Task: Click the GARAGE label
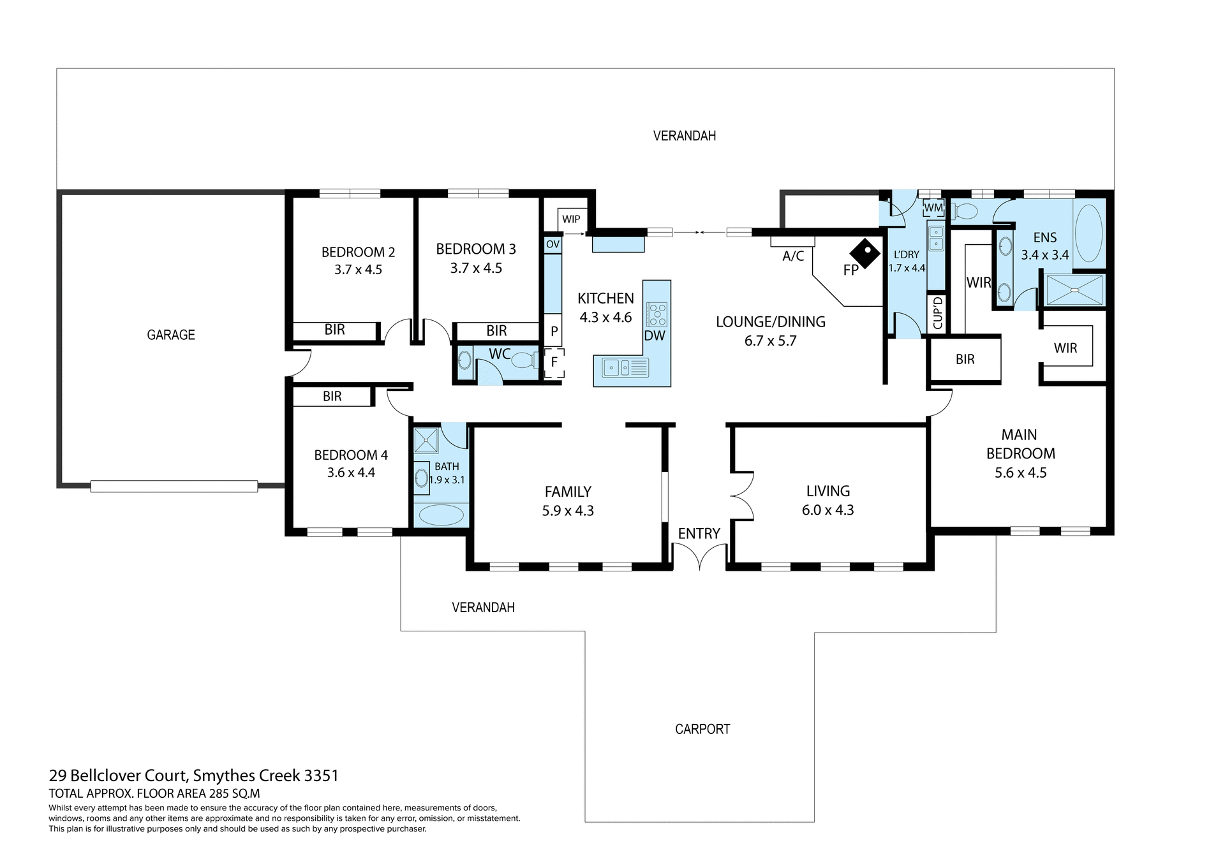pos(171,335)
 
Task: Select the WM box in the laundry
pos(933,208)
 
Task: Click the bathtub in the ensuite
pos(1088,234)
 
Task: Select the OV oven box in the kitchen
pos(553,245)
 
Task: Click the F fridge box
pos(554,362)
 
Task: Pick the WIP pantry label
pos(571,219)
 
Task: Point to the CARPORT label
pos(702,729)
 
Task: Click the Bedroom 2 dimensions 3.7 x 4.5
pos(358,270)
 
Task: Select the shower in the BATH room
pos(426,441)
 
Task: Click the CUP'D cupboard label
pos(937,313)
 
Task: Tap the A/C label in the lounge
pos(793,256)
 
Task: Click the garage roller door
pos(174,487)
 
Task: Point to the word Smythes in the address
pos(223,776)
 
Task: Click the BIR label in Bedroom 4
pos(332,397)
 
